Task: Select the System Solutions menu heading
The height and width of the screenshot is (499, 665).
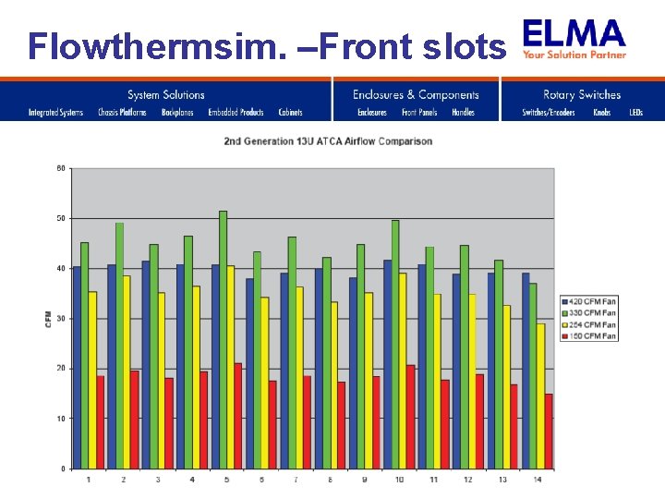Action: (x=166, y=94)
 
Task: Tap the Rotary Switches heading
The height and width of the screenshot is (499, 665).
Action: (x=582, y=94)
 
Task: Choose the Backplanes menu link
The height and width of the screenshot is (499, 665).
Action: (x=177, y=113)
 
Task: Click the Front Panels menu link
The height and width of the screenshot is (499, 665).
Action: (x=419, y=113)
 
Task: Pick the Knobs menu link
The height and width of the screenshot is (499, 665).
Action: (x=602, y=113)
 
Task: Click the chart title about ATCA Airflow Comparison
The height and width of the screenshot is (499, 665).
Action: (x=328, y=141)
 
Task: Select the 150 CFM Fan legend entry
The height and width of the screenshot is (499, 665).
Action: (x=588, y=335)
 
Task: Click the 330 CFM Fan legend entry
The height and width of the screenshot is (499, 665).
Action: (x=588, y=314)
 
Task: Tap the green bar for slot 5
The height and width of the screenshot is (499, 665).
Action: (x=223, y=339)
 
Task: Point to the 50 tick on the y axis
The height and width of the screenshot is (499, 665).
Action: (x=61, y=218)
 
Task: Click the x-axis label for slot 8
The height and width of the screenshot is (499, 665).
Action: (x=331, y=479)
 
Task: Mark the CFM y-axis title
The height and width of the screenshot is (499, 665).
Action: (x=48, y=319)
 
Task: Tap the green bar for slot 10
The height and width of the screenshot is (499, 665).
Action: (x=395, y=344)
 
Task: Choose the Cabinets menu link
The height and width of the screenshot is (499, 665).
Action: (x=290, y=113)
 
